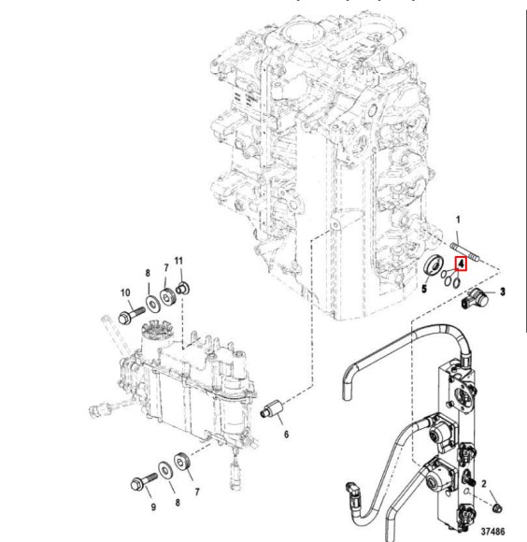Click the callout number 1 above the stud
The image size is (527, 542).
click(x=458, y=220)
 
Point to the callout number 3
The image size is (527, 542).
click(x=503, y=292)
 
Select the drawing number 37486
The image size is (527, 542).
click(x=501, y=530)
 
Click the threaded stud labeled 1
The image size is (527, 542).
click(x=466, y=251)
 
